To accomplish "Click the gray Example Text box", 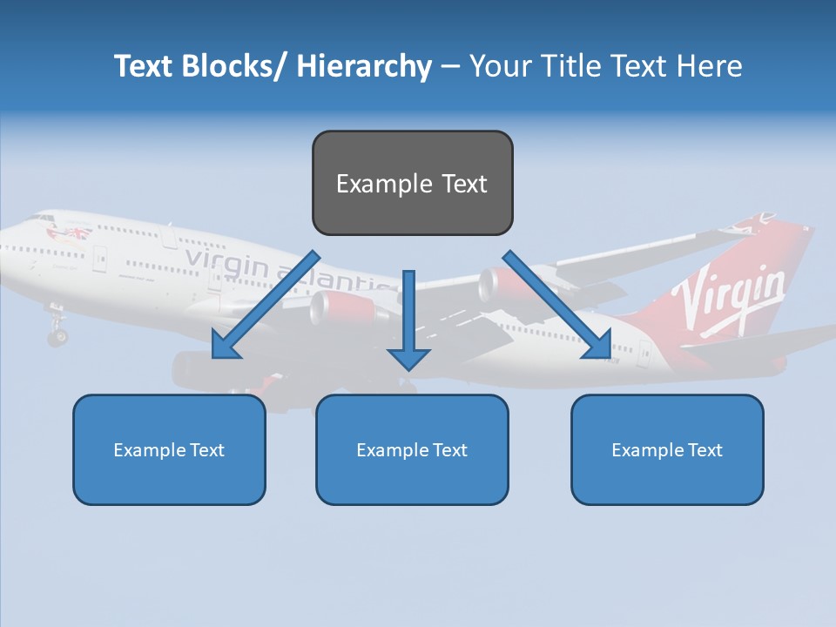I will coord(412,183).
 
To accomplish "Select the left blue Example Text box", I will coord(169,449).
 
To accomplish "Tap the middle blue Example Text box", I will coord(412,449).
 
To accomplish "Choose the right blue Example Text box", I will coord(667,449).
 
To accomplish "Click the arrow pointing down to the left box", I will coord(265,307).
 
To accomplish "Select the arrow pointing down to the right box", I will coord(558,307).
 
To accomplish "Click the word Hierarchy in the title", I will coord(364,66).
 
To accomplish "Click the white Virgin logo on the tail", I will coord(734,296).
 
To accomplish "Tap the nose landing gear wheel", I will coord(57,335).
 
